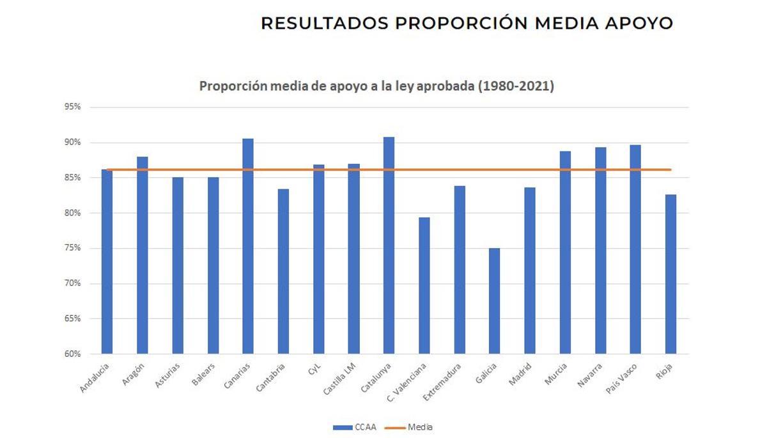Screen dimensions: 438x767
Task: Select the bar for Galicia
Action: pyautogui.click(x=494, y=301)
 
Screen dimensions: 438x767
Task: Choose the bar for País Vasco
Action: pyautogui.click(x=635, y=249)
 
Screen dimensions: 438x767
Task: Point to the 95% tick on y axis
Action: pyautogui.click(x=72, y=107)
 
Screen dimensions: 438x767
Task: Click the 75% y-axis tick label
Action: pyautogui.click(x=72, y=248)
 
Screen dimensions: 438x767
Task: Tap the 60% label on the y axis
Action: pyautogui.click(x=72, y=354)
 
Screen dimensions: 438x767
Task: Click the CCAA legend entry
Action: pyautogui.click(x=355, y=427)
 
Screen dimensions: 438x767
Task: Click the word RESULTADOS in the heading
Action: pyautogui.click(x=324, y=24)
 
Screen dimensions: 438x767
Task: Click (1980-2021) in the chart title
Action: pyautogui.click(x=516, y=86)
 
